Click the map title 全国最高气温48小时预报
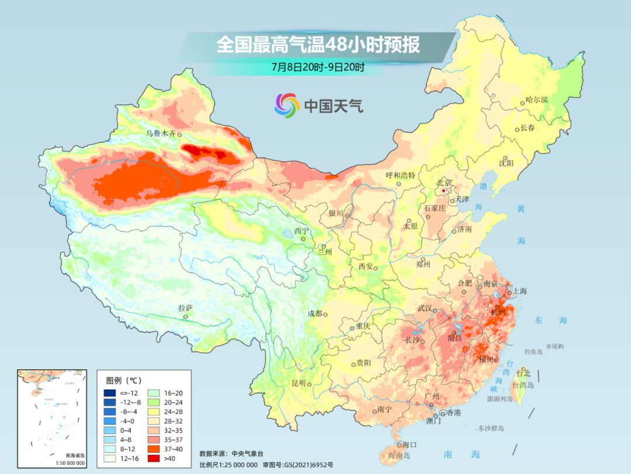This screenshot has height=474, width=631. tap(318, 45)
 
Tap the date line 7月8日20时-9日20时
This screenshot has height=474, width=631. tap(318, 67)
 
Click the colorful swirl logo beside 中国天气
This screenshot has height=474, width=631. tap(287, 105)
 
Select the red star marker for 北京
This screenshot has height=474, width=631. tap(443, 191)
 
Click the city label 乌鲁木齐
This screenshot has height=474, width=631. tap(161, 133)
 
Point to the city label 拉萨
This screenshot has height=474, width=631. tap(185, 308)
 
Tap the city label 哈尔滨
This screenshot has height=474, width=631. tap(537, 100)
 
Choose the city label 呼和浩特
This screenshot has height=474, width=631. tap(400, 175)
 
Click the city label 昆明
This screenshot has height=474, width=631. tap(298, 383)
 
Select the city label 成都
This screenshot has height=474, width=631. tap(315, 313)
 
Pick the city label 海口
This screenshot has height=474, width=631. tap(410, 445)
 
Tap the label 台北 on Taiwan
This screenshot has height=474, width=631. tap(523, 373)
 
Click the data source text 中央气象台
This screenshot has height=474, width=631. tap(249, 453)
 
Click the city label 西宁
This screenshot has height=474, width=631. tap(300, 231)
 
